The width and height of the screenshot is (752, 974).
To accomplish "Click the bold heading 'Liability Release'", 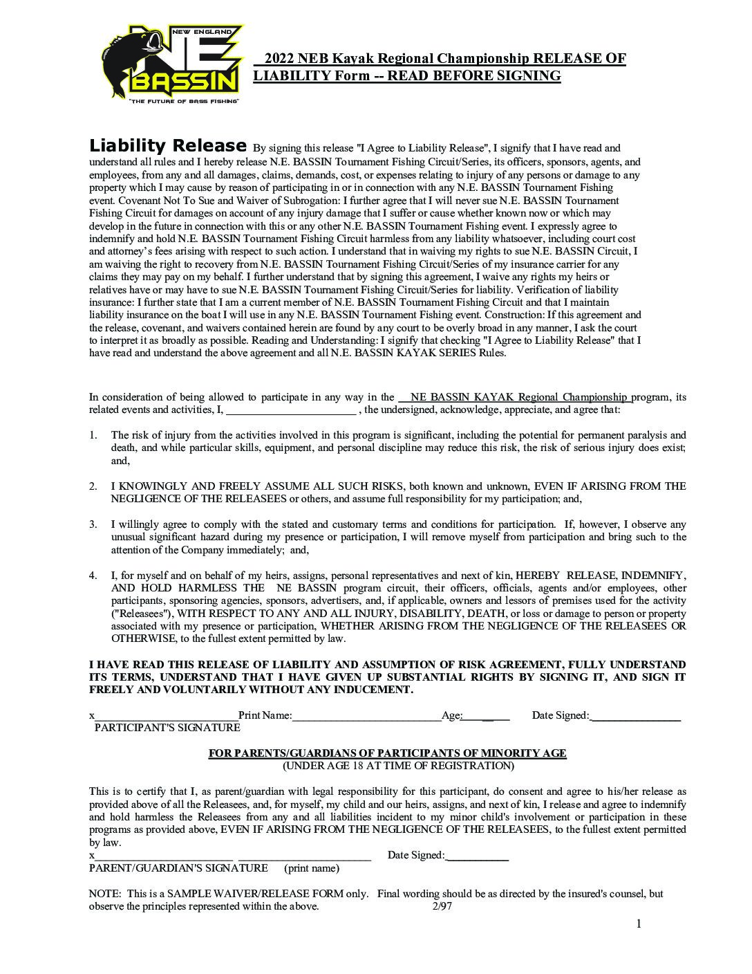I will pyautogui.click(x=168, y=146).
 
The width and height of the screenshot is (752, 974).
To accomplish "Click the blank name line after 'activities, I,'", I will pyautogui.click(x=291, y=410).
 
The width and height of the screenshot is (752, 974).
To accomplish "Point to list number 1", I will pyautogui.click(x=93, y=435).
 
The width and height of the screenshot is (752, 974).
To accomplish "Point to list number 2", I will pyautogui.click(x=93, y=486).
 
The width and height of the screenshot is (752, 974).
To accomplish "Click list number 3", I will pyautogui.click(x=93, y=524).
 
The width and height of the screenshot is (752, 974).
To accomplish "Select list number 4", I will pyautogui.click(x=93, y=576).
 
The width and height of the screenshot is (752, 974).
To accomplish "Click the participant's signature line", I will pyautogui.click(x=166, y=716).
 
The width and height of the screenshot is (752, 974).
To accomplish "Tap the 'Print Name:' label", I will pyautogui.click(x=265, y=715).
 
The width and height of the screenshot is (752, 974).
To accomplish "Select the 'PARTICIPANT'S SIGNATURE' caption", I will pyautogui.click(x=167, y=728).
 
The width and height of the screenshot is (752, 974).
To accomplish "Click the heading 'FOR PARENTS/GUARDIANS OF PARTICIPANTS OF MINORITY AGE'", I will pyautogui.click(x=387, y=753).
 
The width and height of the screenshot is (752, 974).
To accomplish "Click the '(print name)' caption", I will pyautogui.click(x=311, y=868).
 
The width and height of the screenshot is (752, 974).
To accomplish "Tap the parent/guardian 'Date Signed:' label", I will pyautogui.click(x=416, y=855).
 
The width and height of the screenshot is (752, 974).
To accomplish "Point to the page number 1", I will pyautogui.click(x=639, y=924).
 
